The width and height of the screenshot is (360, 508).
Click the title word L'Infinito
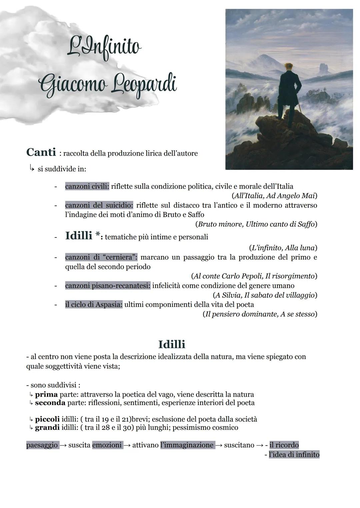coord(104,47)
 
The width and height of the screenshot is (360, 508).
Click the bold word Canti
coord(41,152)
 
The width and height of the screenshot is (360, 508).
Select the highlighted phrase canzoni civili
coord(87,187)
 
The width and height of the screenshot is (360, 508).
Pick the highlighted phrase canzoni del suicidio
coord(99,205)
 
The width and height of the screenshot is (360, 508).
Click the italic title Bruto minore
coord(220,224)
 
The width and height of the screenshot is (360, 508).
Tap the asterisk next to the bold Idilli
coord(98,235)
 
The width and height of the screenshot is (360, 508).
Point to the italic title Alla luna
coord(300,248)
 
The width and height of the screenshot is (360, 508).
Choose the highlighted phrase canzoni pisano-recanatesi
coord(108,286)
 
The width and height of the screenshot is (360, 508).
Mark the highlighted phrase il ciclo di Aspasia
coord(94,304)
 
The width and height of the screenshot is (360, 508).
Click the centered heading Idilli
coord(172,344)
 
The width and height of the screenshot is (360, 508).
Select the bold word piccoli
coord(47,419)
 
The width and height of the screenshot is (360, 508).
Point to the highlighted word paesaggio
coord(42,445)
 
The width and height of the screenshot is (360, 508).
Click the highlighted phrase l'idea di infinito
coord(294,455)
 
